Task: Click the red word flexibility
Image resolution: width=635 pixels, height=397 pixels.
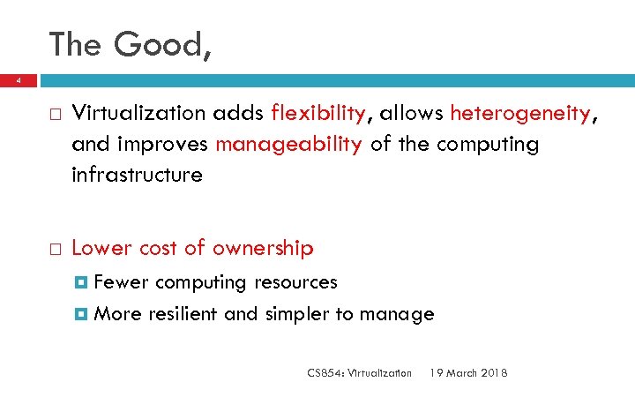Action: tap(318, 113)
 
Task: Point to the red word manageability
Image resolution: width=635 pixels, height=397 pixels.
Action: tap(288, 144)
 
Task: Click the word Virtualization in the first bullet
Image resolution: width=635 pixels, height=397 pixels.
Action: tap(140, 113)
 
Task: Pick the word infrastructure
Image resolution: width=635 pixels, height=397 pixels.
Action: tap(137, 175)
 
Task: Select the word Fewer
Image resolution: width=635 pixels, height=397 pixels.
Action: tap(121, 282)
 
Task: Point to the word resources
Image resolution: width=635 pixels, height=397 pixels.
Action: tap(295, 282)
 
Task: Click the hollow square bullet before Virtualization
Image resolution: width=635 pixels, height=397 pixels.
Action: tap(55, 114)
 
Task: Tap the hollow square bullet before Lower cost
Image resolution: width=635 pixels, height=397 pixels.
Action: tap(55, 250)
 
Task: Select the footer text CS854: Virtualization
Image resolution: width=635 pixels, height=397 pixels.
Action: tap(359, 373)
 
